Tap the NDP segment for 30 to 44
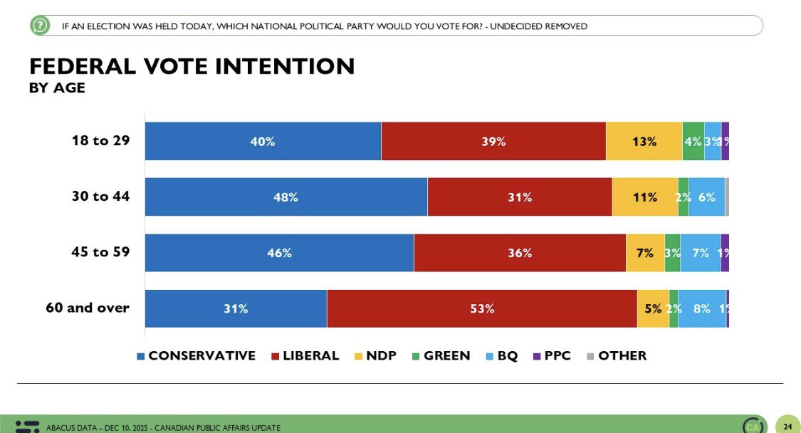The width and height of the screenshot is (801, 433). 645,197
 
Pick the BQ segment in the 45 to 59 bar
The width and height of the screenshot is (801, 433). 700,253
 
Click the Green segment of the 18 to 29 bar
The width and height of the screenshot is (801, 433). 693,141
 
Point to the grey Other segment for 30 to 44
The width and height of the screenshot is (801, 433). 727,197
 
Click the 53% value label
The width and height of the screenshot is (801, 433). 482,308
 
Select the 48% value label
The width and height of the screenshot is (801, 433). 286,197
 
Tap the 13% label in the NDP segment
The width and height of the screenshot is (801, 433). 644,141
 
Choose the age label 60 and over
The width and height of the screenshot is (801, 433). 87,308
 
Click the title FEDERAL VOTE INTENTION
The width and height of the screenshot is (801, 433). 192,66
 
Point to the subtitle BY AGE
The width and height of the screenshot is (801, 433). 57,88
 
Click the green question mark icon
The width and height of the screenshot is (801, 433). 40,26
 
